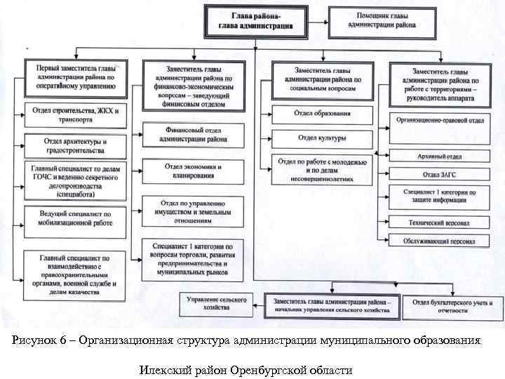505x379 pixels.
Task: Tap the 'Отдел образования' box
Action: (x=323, y=113)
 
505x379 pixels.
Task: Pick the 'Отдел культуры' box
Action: (x=322, y=138)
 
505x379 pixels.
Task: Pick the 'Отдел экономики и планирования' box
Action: (x=194, y=171)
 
